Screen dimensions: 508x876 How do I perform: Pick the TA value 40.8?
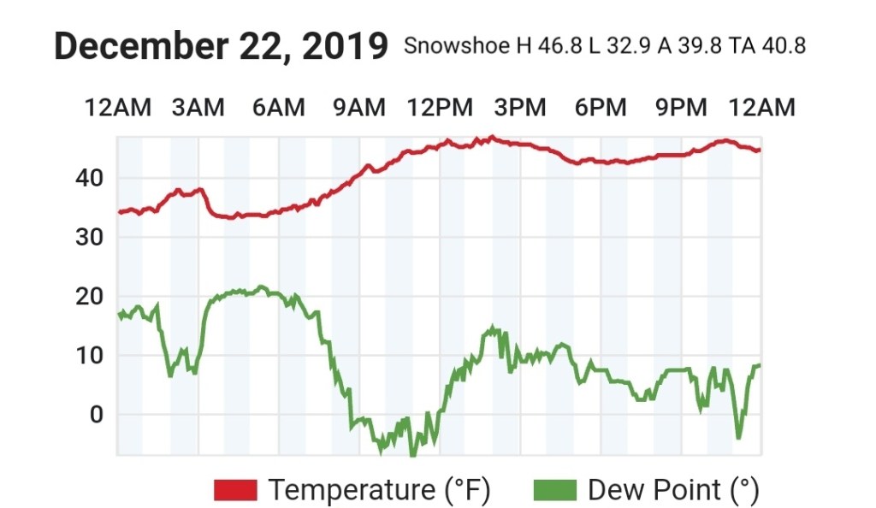pos(778,46)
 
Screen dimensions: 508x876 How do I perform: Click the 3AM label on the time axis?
pos(198,108)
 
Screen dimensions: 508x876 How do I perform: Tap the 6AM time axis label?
pos(278,108)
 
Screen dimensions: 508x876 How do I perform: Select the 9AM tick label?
pos(358,108)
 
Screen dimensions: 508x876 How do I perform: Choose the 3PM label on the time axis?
pos(520,108)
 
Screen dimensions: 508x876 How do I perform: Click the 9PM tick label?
pos(681,108)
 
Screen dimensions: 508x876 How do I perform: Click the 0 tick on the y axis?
pos(96,415)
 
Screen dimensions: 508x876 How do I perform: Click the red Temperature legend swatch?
pos(235,490)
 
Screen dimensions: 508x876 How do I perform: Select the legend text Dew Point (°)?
pos(673,490)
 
